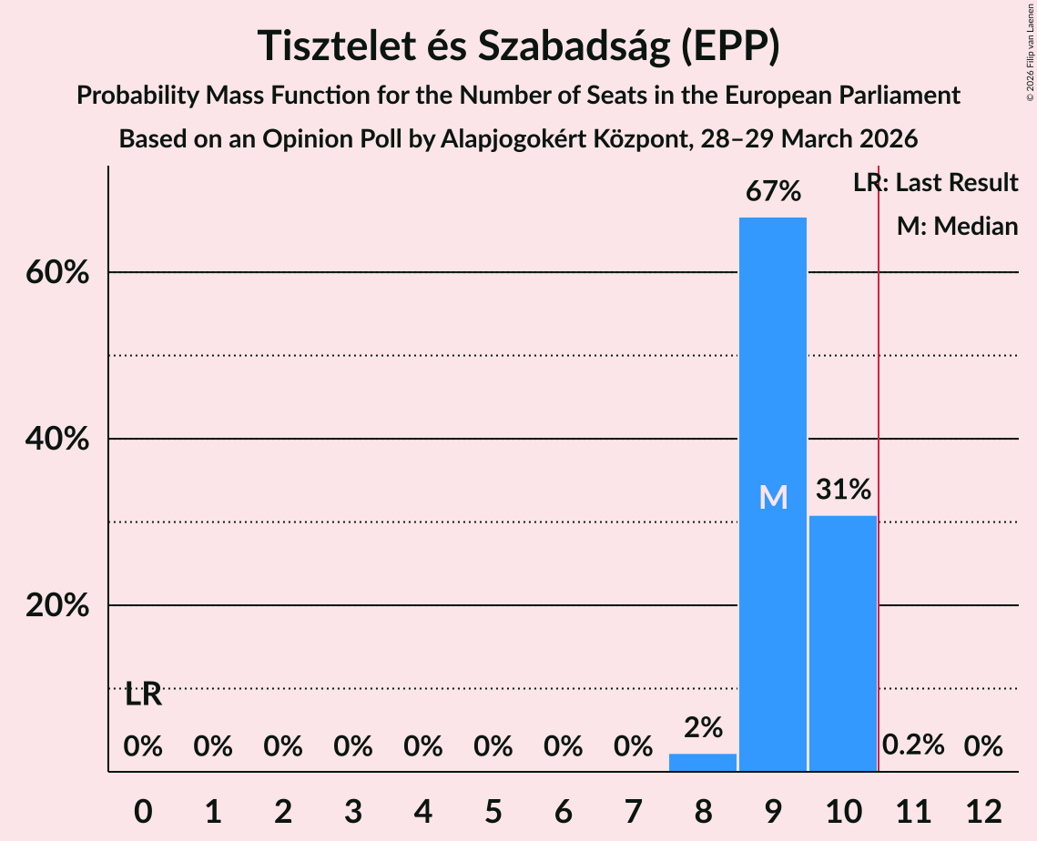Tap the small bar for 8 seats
click(702, 763)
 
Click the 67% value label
click(772, 192)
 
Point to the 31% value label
click(842, 490)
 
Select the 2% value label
click(702, 727)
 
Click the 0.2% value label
click(912, 746)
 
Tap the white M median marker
click(772, 497)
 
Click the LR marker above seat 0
click(143, 694)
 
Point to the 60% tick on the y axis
click(57, 272)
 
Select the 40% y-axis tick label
click(57, 439)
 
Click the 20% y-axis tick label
click(57, 605)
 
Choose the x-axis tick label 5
click(493, 810)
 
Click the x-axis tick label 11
click(912, 810)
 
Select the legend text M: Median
click(957, 226)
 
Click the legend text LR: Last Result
click(935, 183)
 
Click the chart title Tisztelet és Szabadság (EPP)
click(518, 46)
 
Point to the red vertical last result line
click(878, 455)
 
